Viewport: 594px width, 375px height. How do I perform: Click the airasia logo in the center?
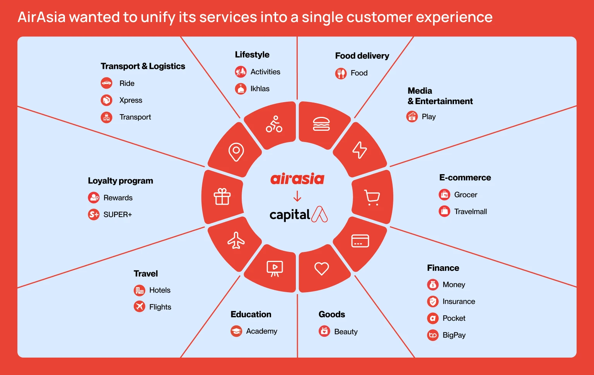297,179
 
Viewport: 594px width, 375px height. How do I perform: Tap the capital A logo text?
298,214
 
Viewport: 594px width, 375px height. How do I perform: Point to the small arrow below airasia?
297,196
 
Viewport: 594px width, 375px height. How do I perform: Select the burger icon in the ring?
321,124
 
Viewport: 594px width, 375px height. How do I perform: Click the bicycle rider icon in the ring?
274,124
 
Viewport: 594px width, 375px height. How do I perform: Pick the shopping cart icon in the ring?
372,197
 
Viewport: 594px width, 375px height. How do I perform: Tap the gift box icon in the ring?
222,197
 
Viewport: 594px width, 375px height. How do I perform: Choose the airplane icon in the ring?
236,240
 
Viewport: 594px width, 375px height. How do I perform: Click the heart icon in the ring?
321,268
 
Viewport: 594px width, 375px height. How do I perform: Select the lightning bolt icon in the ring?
359,150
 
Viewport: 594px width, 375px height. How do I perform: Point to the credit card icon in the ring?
360,241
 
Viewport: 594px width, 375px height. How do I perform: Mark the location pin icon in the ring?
236,152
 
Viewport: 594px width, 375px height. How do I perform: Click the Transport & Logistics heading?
143,66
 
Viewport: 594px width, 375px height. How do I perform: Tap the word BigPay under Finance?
454,335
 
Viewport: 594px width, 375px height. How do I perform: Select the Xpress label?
131,100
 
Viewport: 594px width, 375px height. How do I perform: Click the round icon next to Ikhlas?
241,89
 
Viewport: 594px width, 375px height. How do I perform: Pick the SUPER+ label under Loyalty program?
118,214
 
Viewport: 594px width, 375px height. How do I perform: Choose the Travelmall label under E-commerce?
470,212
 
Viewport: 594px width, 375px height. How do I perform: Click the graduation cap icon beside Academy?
236,331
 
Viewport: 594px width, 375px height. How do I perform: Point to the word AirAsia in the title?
41,17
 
